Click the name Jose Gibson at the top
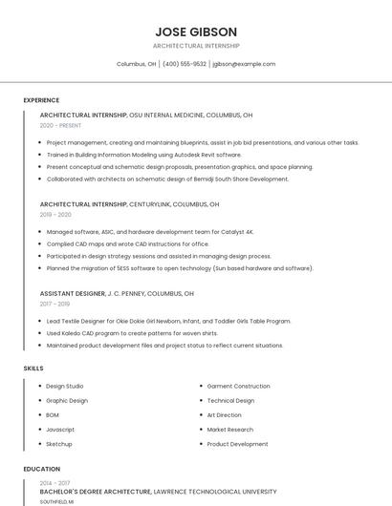click(x=196, y=32)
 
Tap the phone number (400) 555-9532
click(x=185, y=64)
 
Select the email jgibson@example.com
click(x=244, y=64)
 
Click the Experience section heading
click(x=41, y=100)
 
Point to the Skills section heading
click(x=33, y=368)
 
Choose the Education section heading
click(x=41, y=469)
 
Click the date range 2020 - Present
click(x=60, y=125)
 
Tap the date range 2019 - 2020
click(x=55, y=215)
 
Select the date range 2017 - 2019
click(x=55, y=305)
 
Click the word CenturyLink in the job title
click(x=157, y=204)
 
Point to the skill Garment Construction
click(x=238, y=386)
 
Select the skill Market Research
click(x=231, y=430)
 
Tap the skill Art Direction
click(x=225, y=415)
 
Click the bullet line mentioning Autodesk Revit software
click(x=143, y=155)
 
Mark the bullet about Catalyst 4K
click(x=150, y=232)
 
